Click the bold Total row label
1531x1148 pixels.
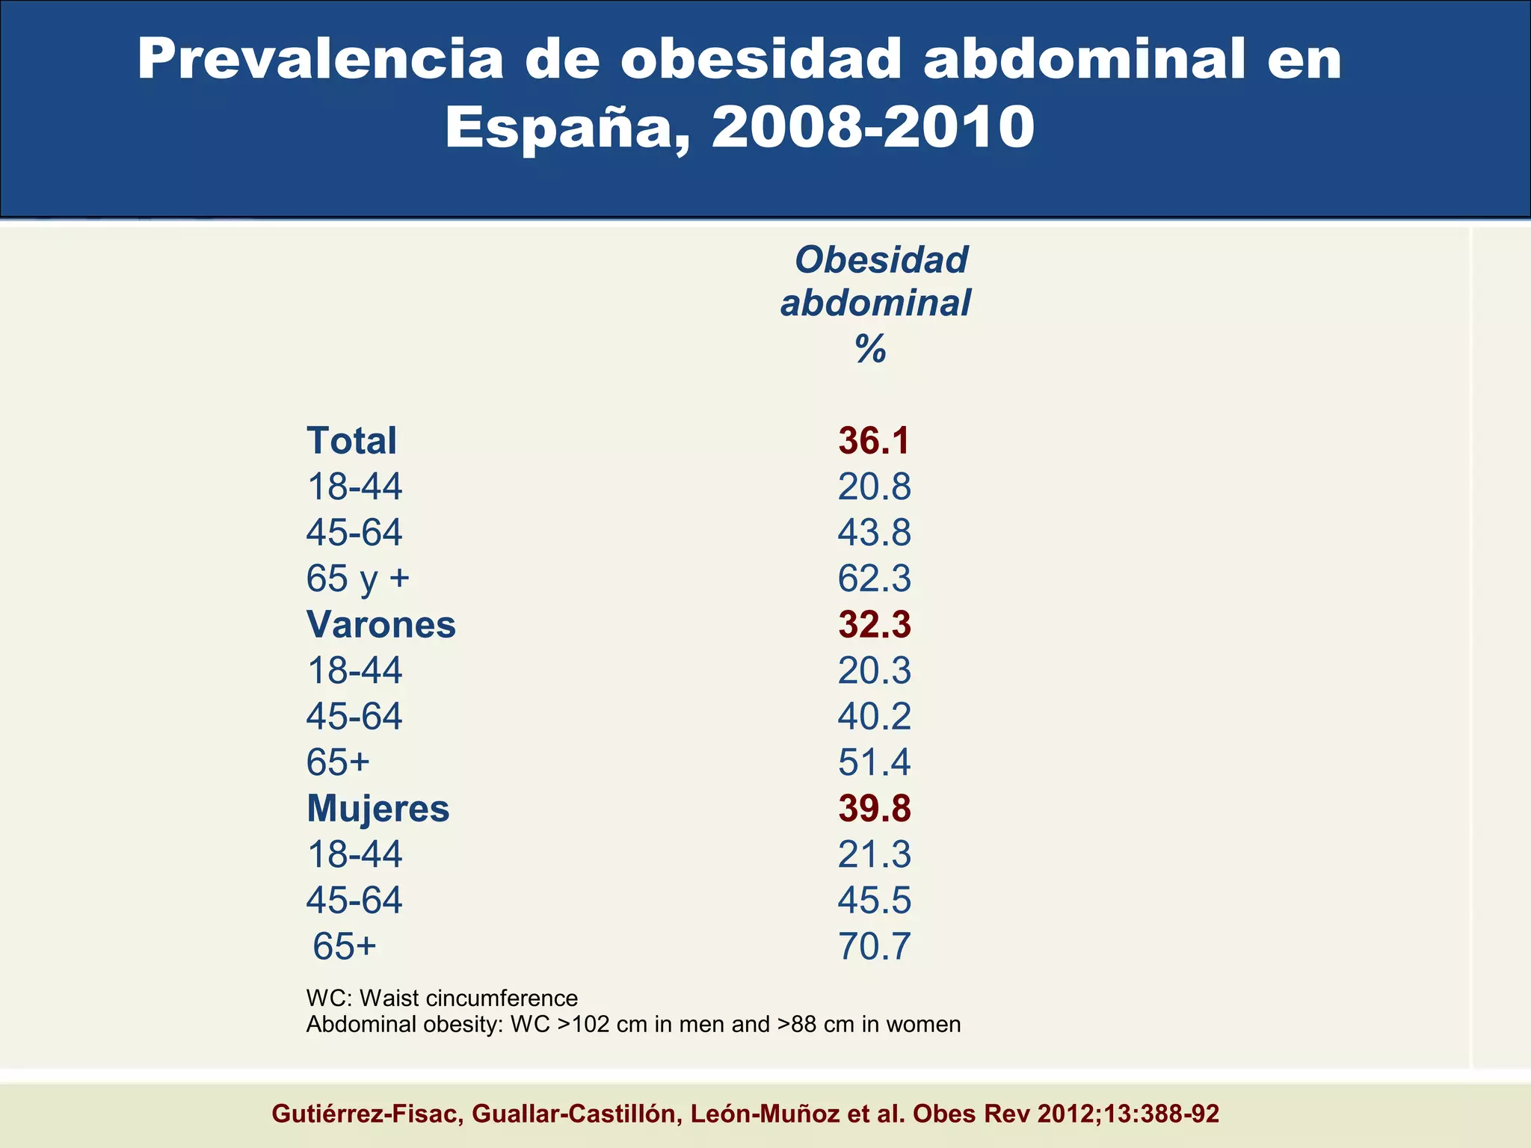pyautogui.click(x=351, y=441)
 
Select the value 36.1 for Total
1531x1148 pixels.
pyautogui.click(x=874, y=441)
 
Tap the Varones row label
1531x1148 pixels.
pyautogui.click(x=381, y=625)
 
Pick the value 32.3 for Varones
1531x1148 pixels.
pyautogui.click(x=874, y=625)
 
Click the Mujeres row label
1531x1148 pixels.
pyautogui.click(x=378, y=809)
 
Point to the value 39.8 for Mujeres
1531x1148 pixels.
pyautogui.click(x=874, y=809)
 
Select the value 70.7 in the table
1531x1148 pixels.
pyautogui.click(x=874, y=946)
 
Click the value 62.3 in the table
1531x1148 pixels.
pyautogui.click(x=874, y=578)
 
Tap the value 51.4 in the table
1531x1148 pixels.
pyautogui.click(x=874, y=762)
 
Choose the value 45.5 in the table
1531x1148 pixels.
pyautogui.click(x=874, y=900)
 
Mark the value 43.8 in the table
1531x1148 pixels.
pyautogui.click(x=874, y=533)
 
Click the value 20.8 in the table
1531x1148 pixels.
pyautogui.click(x=874, y=487)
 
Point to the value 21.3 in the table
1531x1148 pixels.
pyautogui.click(x=874, y=854)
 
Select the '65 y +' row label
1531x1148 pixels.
pyautogui.click(x=357, y=578)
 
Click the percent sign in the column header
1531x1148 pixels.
pyautogui.click(x=871, y=348)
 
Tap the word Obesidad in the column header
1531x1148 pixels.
pyautogui.click(x=881, y=260)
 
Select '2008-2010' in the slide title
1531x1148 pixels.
pyautogui.click(x=872, y=127)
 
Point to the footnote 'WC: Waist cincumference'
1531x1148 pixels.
pyautogui.click(x=442, y=999)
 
